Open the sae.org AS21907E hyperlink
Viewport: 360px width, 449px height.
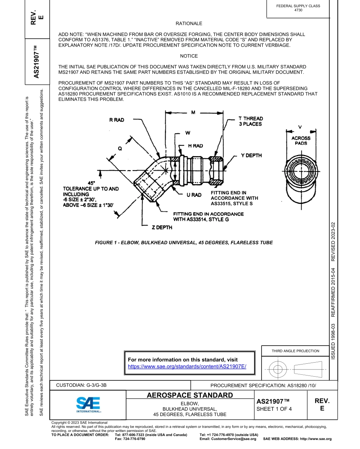(x=187, y=366)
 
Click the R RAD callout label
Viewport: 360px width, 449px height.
(x=116, y=120)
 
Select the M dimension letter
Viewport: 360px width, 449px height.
(x=193, y=113)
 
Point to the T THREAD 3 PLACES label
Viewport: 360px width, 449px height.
(x=250, y=121)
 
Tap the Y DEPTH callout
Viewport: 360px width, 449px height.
(x=251, y=155)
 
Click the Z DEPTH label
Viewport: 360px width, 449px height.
(x=162, y=227)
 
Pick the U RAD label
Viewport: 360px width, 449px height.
(x=194, y=195)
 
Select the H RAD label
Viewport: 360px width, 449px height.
(x=195, y=145)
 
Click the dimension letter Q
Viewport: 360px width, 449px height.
(x=120, y=149)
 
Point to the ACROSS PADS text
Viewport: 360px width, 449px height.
(x=301, y=141)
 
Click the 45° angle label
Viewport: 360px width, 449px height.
(x=91, y=183)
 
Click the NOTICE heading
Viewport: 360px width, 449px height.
(x=189, y=56)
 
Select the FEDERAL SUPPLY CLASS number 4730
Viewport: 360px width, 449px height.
(x=298, y=10)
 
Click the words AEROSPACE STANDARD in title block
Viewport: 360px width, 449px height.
(x=190, y=396)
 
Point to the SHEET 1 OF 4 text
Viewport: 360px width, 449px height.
(x=274, y=408)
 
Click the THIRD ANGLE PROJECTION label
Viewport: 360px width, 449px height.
(x=295, y=351)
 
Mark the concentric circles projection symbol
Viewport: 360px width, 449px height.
(x=278, y=368)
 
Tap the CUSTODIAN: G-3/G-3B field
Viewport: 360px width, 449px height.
(x=81, y=385)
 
